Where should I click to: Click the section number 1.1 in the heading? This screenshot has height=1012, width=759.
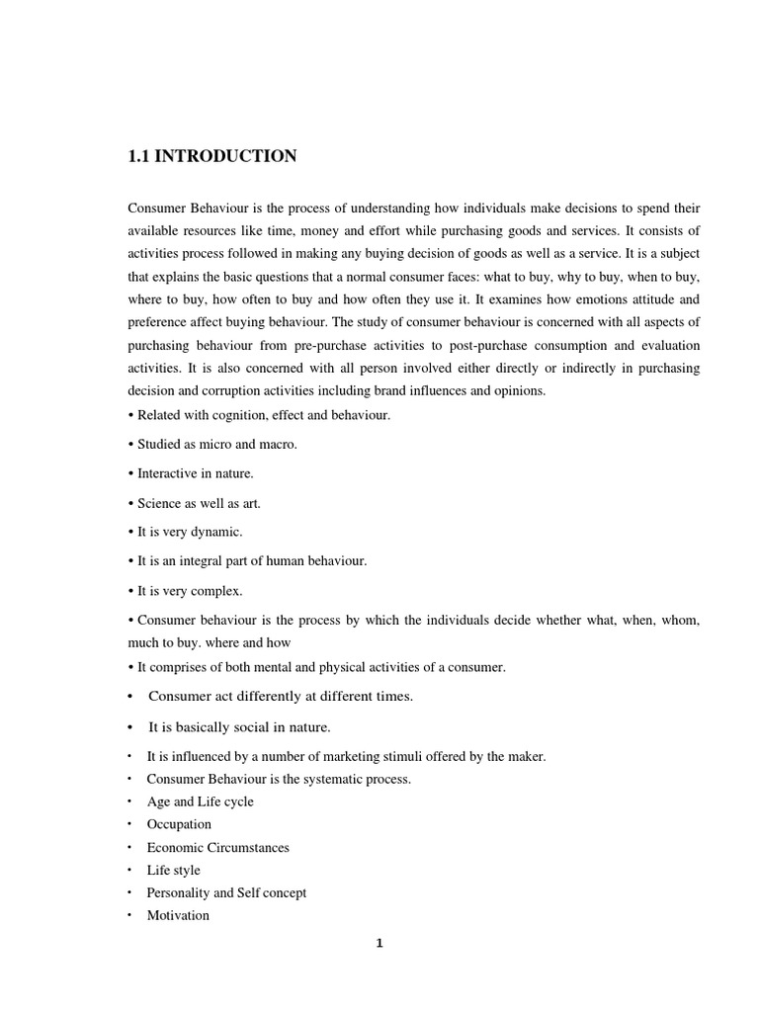pos(139,156)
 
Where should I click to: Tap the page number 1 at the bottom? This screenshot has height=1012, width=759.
pos(379,943)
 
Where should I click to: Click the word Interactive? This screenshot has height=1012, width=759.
pos(169,473)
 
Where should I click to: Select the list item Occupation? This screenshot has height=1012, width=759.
pos(179,824)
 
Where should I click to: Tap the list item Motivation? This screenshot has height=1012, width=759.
pos(178,915)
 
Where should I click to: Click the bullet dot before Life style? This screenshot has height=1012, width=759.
pos(129,870)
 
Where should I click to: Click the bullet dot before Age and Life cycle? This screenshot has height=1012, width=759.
pos(129,801)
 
